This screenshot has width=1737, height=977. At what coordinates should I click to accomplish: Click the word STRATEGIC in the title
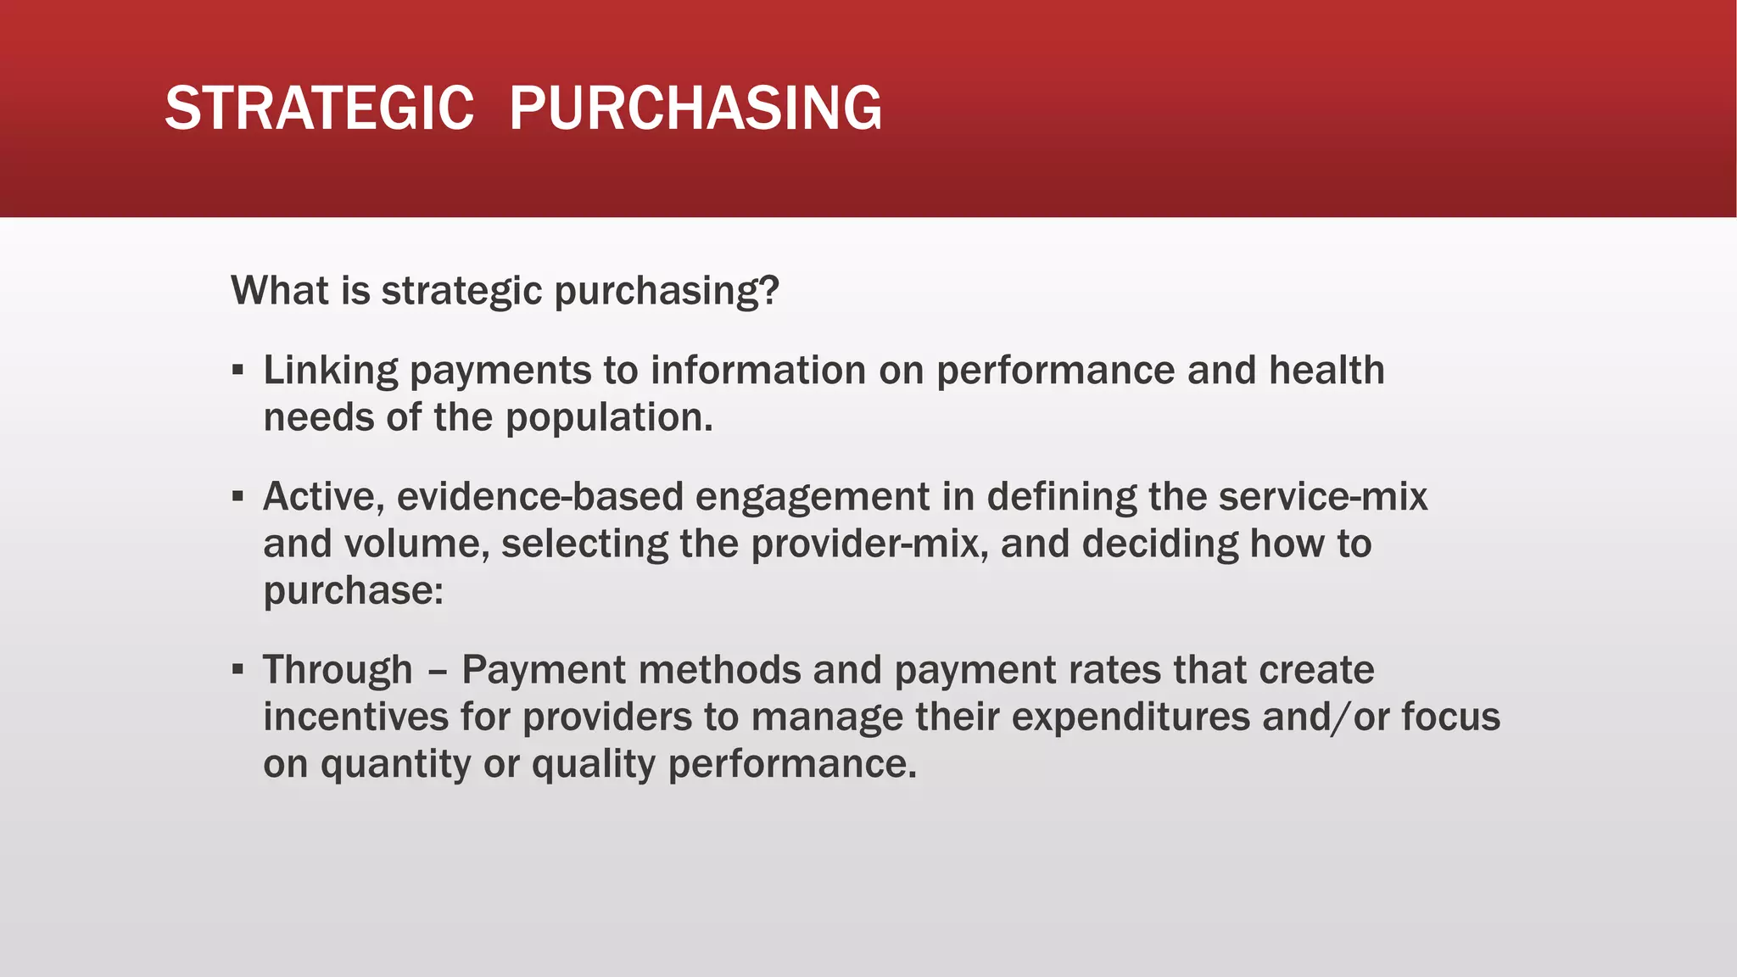[x=319, y=109]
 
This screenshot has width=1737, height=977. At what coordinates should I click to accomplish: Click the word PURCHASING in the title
[x=695, y=109]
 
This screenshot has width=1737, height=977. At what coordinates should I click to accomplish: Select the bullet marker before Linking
[x=238, y=370]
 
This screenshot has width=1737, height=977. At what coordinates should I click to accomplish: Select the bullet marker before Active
[x=238, y=496]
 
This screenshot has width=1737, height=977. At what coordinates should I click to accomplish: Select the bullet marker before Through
[x=238, y=669]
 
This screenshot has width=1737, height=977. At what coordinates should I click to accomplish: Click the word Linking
[x=330, y=371]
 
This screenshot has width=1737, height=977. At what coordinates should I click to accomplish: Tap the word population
[x=609, y=418]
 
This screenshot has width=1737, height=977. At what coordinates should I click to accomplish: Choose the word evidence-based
[x=539, y=497]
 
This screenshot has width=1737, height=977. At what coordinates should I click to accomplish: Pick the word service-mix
[x=1322, y=497]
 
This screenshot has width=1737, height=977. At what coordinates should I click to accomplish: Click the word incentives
[x=355, y=717]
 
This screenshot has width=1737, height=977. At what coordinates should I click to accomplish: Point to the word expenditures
[x=1131, y=717]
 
